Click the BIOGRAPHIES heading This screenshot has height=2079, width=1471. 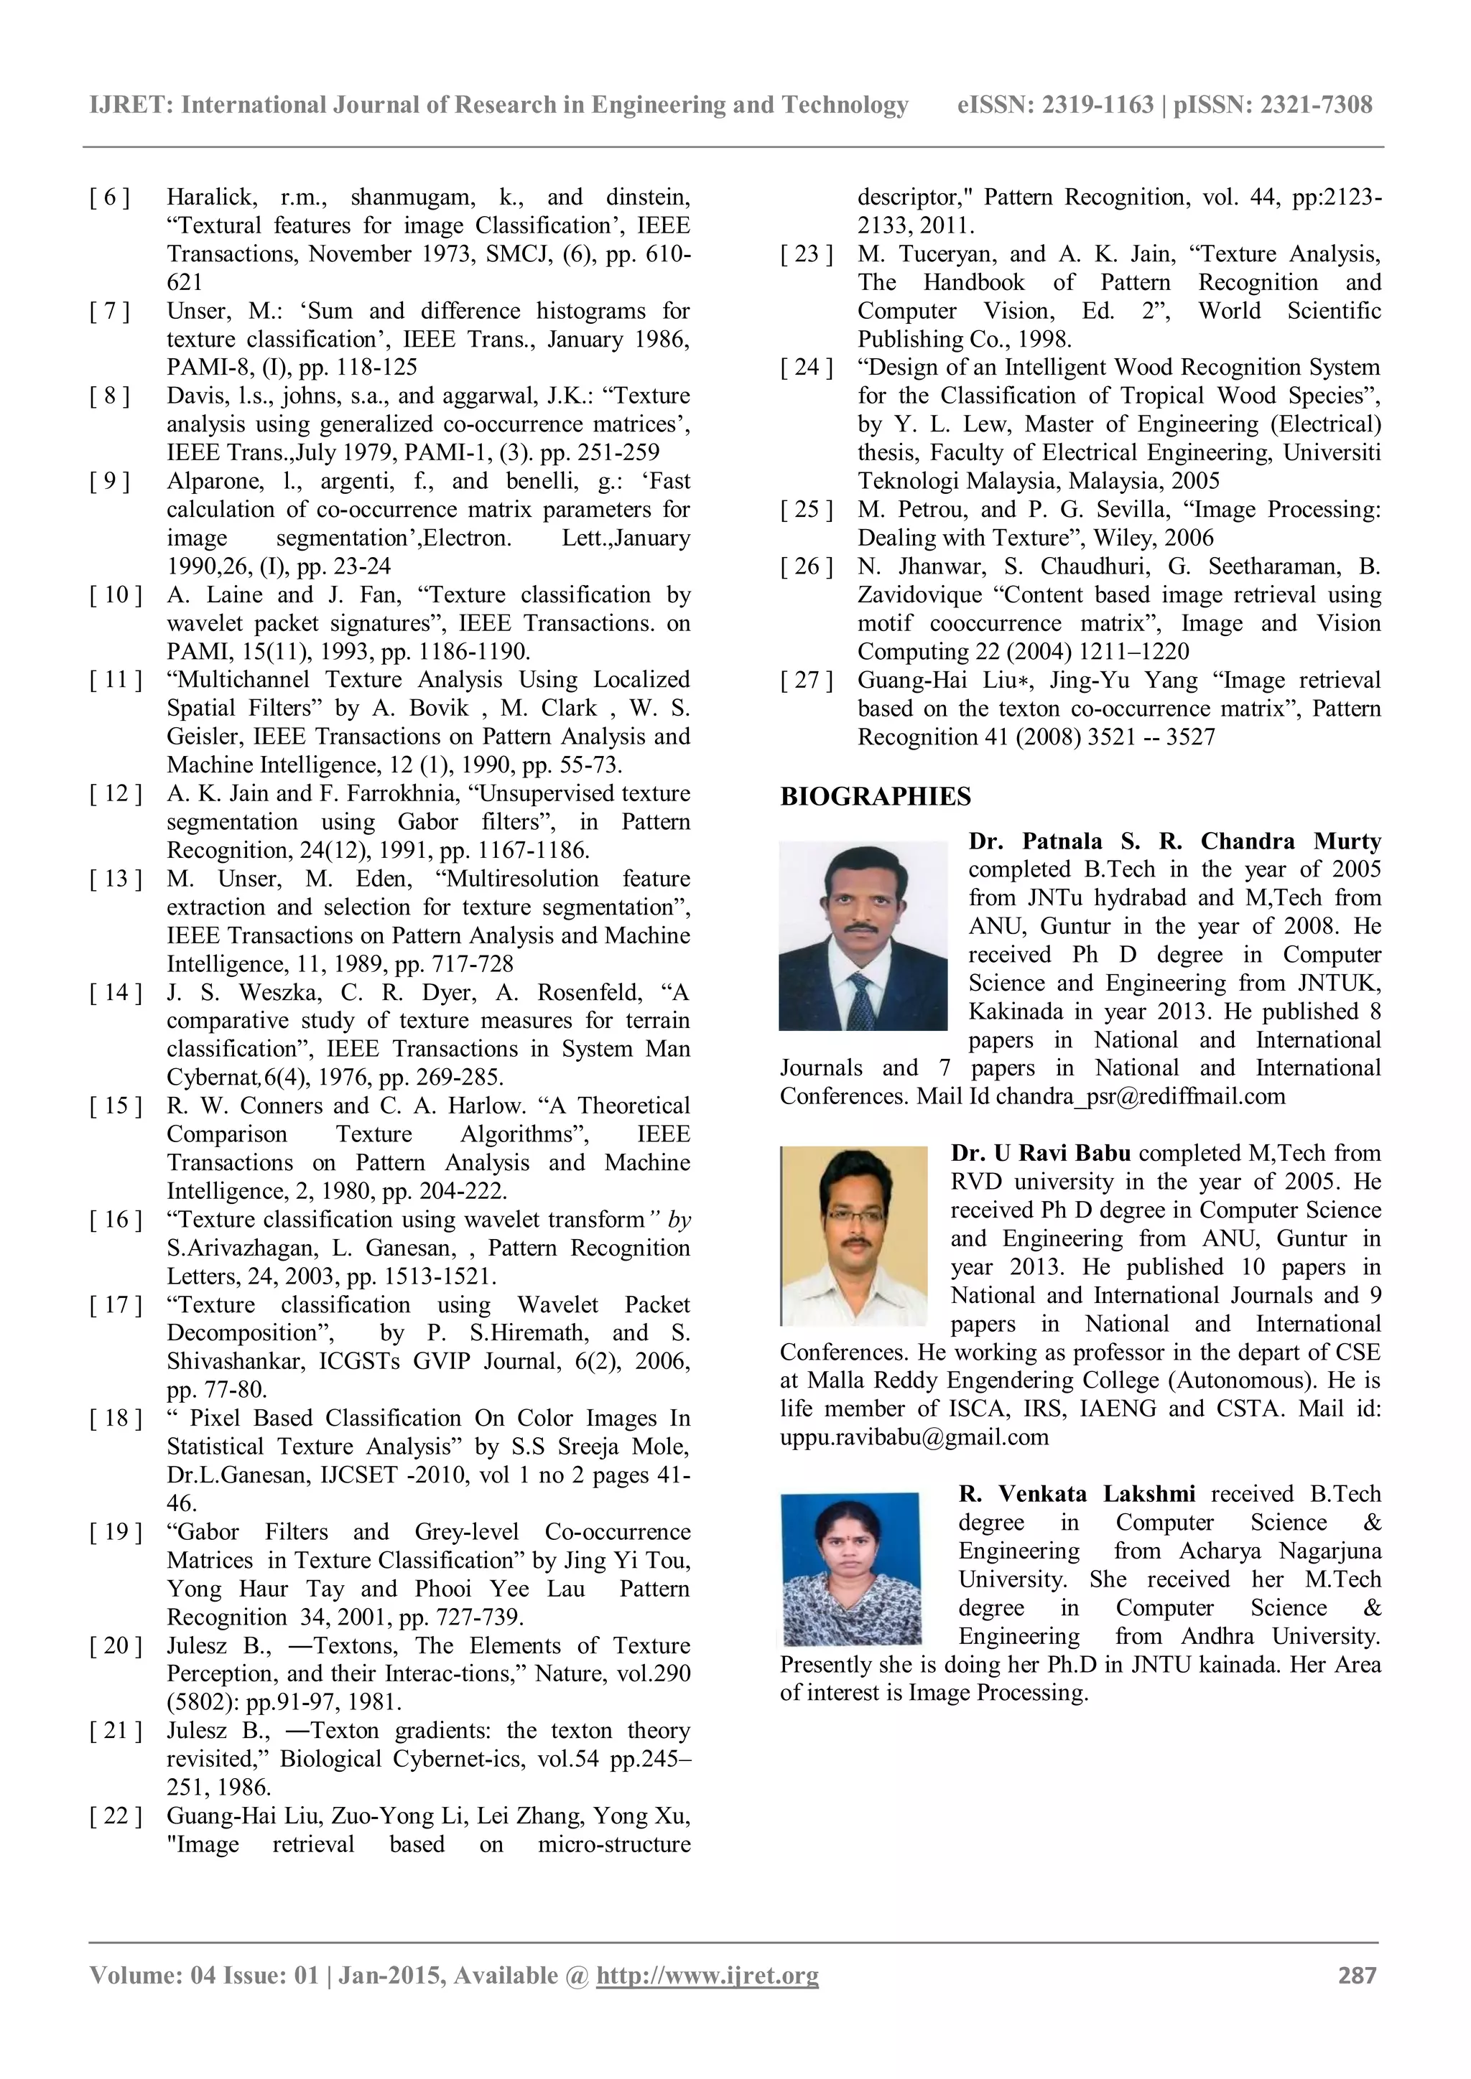875,797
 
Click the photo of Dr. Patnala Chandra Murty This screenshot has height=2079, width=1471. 863,935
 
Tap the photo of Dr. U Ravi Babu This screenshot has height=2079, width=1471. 853,1235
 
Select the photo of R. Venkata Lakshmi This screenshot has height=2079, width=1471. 850,1569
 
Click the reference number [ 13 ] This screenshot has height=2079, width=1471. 115,878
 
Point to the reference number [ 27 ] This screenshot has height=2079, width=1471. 806,680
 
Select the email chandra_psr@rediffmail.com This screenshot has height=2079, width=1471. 1141,1096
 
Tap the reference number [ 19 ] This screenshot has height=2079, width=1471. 115,1532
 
